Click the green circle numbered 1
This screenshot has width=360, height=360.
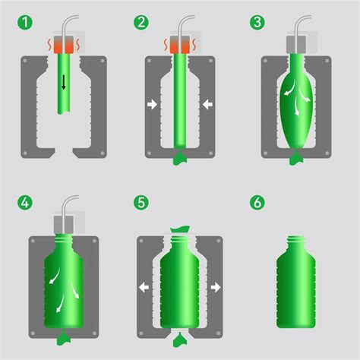(25, 22)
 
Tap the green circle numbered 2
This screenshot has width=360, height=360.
(141, 22)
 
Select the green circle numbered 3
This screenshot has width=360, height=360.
(257, 22)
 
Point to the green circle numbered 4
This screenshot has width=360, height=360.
(25, 203)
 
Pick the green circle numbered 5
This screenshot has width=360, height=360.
(141, 203)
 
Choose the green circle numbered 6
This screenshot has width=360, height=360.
(257, 203)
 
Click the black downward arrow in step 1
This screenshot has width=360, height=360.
(64, 83)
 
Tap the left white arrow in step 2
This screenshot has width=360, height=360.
(152, 104)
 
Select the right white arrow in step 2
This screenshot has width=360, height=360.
(207, 104)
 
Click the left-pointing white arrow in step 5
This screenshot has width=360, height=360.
(144, 287)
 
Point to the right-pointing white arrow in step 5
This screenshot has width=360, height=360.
(216, 287)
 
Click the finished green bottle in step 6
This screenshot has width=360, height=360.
(296, 282)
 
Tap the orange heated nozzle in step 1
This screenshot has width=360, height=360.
(64, 45)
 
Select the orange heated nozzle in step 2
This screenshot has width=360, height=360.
(180, 45)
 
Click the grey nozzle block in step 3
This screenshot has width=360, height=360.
(296, 45)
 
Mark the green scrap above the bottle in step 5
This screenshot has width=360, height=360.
(180, 229)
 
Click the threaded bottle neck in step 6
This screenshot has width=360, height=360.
(296, 241)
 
